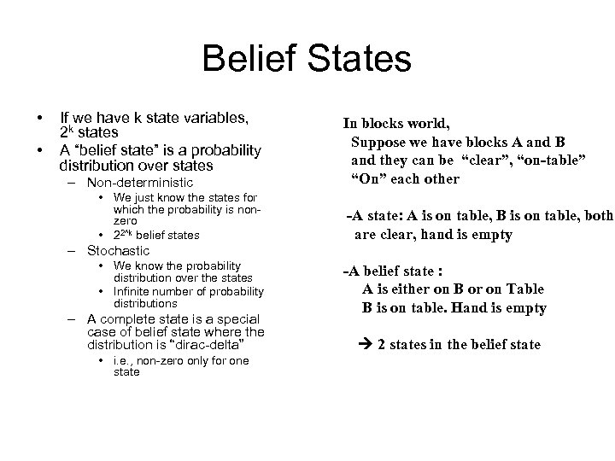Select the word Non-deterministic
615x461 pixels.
(140, 183)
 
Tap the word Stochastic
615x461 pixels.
(118, 251)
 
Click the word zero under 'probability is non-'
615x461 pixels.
(126, 220)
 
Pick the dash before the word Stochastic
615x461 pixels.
(73, 251)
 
